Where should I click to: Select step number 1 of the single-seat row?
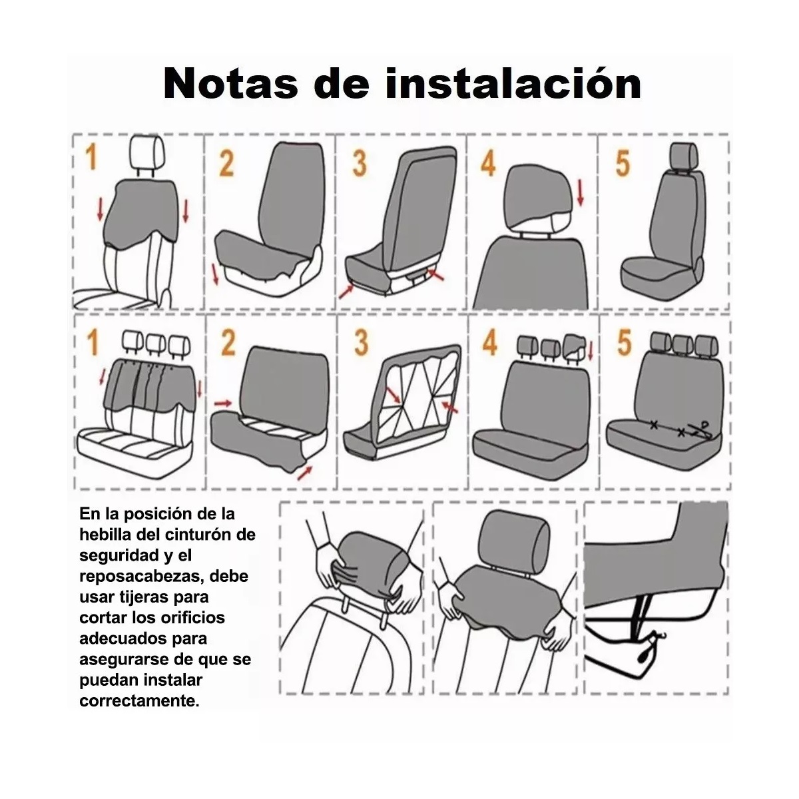[92, 159]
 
